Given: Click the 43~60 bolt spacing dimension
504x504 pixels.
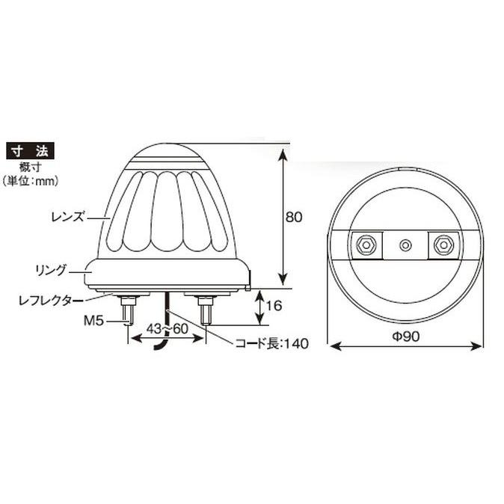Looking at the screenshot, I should [167, 328].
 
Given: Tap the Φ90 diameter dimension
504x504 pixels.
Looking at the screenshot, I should [405, 336].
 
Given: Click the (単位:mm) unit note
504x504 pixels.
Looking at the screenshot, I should [31, 180].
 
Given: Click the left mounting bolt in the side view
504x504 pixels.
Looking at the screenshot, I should [128, 308].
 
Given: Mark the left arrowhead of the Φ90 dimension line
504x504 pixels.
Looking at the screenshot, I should [334, 346].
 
